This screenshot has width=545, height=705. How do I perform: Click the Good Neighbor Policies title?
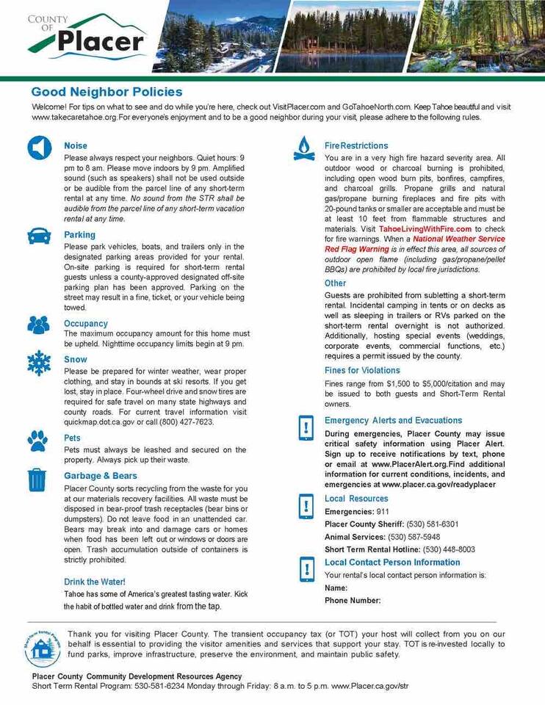[x=107, y=92]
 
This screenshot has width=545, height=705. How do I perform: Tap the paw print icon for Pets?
[x=37, y=440]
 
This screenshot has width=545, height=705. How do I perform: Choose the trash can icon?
[x=37, y=479]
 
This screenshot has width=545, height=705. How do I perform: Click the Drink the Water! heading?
[x=95, y=581]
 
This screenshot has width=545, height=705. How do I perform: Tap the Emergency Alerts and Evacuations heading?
[x=394, y=421]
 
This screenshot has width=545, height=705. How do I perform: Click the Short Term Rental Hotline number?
[x=449, y=549]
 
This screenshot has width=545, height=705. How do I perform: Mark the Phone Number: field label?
[x=353, y=600]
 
